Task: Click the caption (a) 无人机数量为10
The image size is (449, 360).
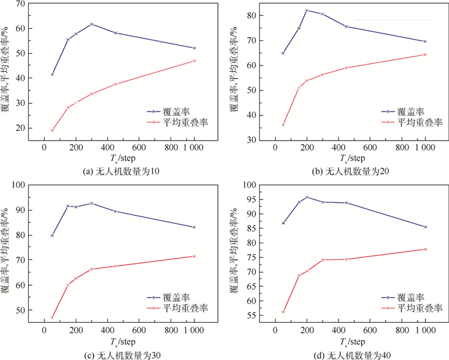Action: tap(113, 170)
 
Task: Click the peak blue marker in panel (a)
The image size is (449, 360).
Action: tap(92, 24)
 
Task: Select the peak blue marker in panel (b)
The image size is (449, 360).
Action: tap(307, 10)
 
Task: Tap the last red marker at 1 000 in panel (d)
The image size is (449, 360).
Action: tap(425, 249)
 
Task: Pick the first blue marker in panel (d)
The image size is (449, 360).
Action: tap(283, 223)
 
